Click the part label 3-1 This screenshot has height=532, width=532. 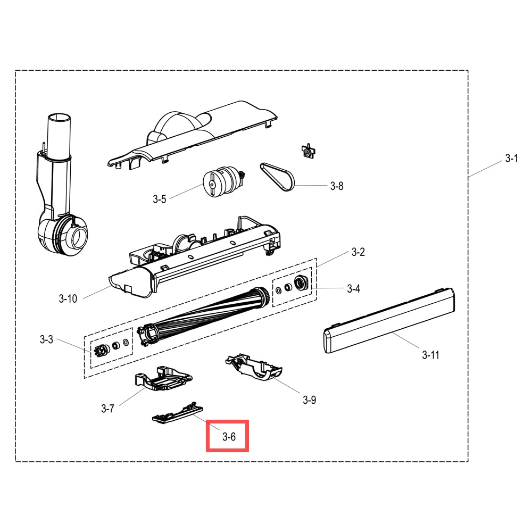[511, 158]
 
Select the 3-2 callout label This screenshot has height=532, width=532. [358, 252]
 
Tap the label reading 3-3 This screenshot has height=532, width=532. [46, 339]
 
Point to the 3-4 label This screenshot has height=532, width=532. [354, 289]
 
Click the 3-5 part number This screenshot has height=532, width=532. [160, 199]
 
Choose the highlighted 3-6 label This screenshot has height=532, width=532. [229, 437]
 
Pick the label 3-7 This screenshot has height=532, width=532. [108, 409]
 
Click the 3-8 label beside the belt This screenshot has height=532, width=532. [337, 186]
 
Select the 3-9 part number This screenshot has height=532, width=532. [310, 400]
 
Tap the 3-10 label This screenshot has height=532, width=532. [68, 298]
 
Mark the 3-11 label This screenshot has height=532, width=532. [430, 355]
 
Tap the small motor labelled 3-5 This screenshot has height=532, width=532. [223, 181]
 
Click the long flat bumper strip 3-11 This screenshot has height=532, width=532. [389, 321]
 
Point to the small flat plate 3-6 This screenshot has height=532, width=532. [177, 413]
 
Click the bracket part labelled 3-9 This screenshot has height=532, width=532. [254, 367]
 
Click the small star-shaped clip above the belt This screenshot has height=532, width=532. [308, 151]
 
